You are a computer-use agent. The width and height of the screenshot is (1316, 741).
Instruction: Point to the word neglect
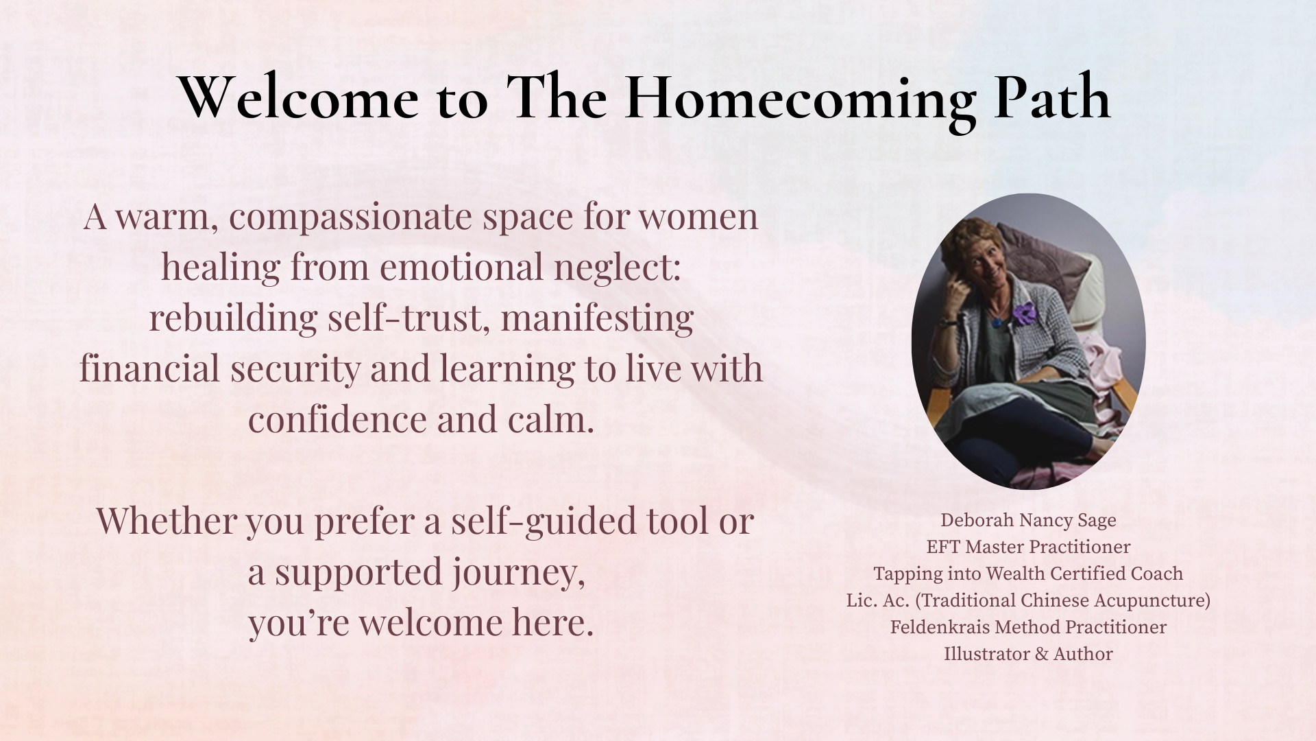[x=618, y=268]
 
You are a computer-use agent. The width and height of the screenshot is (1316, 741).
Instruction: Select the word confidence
[x=338, y=419]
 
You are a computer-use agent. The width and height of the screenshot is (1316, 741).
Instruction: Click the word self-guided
[x=535, y=521]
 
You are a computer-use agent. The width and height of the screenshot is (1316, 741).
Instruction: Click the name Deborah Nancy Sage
[x=1028, y=520]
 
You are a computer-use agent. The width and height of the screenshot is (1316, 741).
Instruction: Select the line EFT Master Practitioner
[x=1028, y=547]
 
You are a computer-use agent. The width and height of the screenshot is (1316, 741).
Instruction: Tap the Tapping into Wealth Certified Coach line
[x=1028, y=574]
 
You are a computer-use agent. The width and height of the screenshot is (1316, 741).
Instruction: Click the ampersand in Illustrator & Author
[x=1040, y=654]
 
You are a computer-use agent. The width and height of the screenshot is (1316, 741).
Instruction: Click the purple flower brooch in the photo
[x=1025, y=313]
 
